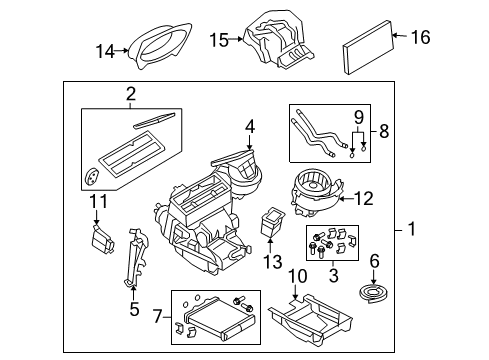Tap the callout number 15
click(219, 40)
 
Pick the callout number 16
click(421, 37)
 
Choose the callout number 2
click(130, 95)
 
